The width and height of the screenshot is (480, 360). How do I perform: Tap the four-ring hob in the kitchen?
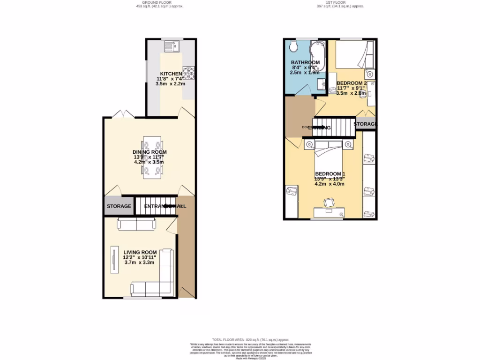click(x=189, y=73)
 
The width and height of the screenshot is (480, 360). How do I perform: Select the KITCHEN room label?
click(x=171, y=74)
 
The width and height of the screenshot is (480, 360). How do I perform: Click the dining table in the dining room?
click(x=153, y=157)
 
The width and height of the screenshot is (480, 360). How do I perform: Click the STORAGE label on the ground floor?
click(x=118, y=206)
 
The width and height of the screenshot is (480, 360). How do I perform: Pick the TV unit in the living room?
click(x=113, y=260)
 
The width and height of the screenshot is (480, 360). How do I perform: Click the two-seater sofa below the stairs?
click(x=137, y=225)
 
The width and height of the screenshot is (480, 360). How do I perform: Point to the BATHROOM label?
click(x=305, y=63)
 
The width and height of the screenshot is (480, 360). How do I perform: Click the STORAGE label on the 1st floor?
click(x=365, y=124)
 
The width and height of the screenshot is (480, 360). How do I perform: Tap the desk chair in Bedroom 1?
click(x=329, y=202)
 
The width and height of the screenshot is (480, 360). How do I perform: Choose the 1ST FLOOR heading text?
click(x=340, y=2)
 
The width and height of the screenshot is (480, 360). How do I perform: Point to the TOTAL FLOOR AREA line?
click(x=250, y=339)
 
